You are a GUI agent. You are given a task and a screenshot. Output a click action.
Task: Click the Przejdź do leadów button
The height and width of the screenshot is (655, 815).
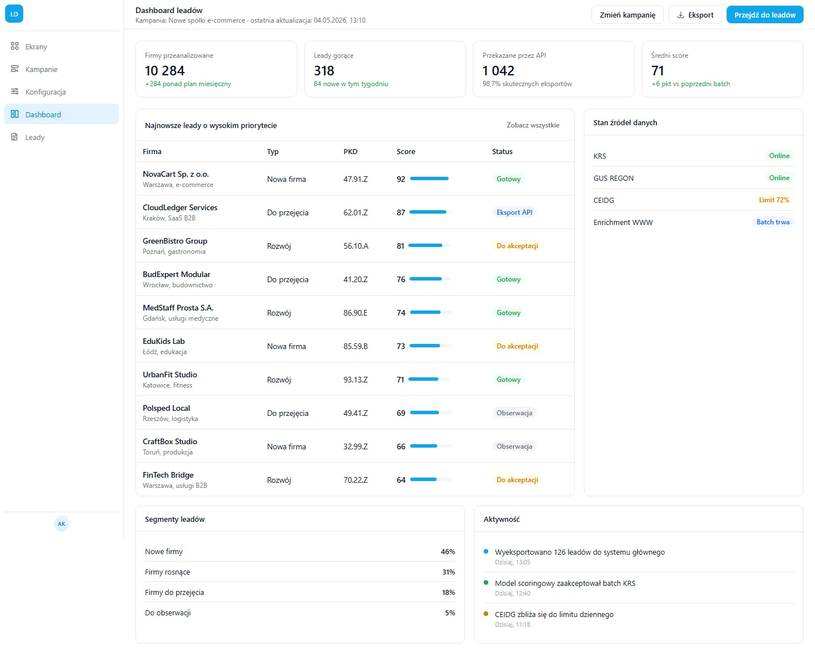[x=765, y=15]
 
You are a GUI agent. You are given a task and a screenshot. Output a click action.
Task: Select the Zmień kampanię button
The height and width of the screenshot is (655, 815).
[x=627, y=15]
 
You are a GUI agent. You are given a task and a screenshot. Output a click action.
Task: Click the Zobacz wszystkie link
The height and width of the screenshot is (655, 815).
[x=533, y=125]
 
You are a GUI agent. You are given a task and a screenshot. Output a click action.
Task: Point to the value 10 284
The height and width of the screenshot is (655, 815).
[x=164, y=70]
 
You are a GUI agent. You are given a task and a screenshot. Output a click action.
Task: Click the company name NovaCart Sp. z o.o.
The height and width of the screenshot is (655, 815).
[x=176, y=174]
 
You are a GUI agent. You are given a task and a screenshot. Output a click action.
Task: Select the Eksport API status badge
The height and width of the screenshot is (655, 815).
[x=514, y=212]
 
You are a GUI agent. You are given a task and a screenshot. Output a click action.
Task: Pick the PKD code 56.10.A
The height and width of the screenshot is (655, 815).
[x=356, y=246]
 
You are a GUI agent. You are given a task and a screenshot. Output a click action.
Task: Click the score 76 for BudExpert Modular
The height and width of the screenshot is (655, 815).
[x=400, y=279]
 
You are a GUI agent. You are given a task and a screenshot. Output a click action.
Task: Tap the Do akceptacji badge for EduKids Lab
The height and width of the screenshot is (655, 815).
[x=517, y=346]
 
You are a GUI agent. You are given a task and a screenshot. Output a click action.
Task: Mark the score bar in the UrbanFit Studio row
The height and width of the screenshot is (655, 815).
[x=429, y=379]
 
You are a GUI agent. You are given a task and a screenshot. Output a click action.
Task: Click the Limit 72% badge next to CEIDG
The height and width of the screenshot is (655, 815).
[x=774, y=199]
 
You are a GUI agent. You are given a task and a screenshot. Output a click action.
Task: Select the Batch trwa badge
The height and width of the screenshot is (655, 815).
[x=773, y=222]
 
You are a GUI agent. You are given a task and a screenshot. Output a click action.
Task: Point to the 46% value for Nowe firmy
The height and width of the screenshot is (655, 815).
[x=447, y=551]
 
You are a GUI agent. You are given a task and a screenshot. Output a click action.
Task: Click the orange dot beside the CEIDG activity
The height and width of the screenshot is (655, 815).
[x=486, y=614]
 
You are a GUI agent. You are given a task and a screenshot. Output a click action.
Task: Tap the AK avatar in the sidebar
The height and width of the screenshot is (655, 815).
[x=61, y=524]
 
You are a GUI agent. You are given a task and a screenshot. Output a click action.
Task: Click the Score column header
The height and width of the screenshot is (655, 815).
[x=406, y=151]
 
